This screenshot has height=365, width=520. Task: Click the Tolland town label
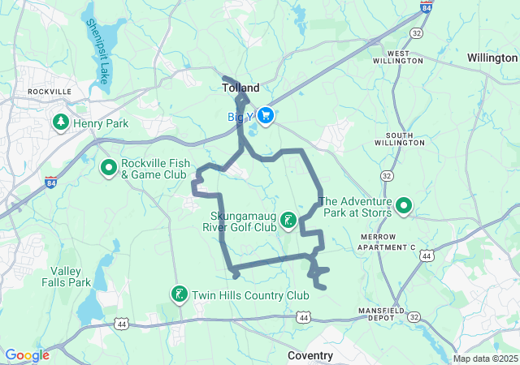pyautogui.click(x=240, y=88)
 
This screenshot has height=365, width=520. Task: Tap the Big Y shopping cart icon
pyautogui.click(x=266, y=116)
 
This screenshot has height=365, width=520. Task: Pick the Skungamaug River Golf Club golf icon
pyautogui.click(x=288, y=220)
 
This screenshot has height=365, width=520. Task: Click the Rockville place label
pyautogui.click(x=50, y=92)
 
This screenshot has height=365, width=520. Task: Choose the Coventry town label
pyautogui.click(x=310, y=355)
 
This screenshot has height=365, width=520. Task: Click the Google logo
pyautogui.click(x=27, y=355)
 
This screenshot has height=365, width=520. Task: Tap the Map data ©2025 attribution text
pyautogui.click(x=484, y=359)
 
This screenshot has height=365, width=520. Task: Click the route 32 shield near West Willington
pyautogui.click(x=416, y=32)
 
